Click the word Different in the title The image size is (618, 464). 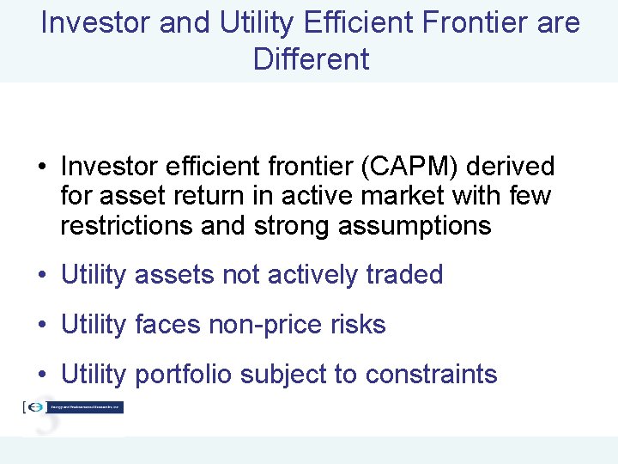pyautogui.click(x=312, y=59)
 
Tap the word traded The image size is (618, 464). pyautogui.click(x=404, y=275)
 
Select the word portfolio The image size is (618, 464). pyautogui.click(x=185, y=375)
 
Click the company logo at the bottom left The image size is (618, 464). pyautogui.click(x=73, y=407)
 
